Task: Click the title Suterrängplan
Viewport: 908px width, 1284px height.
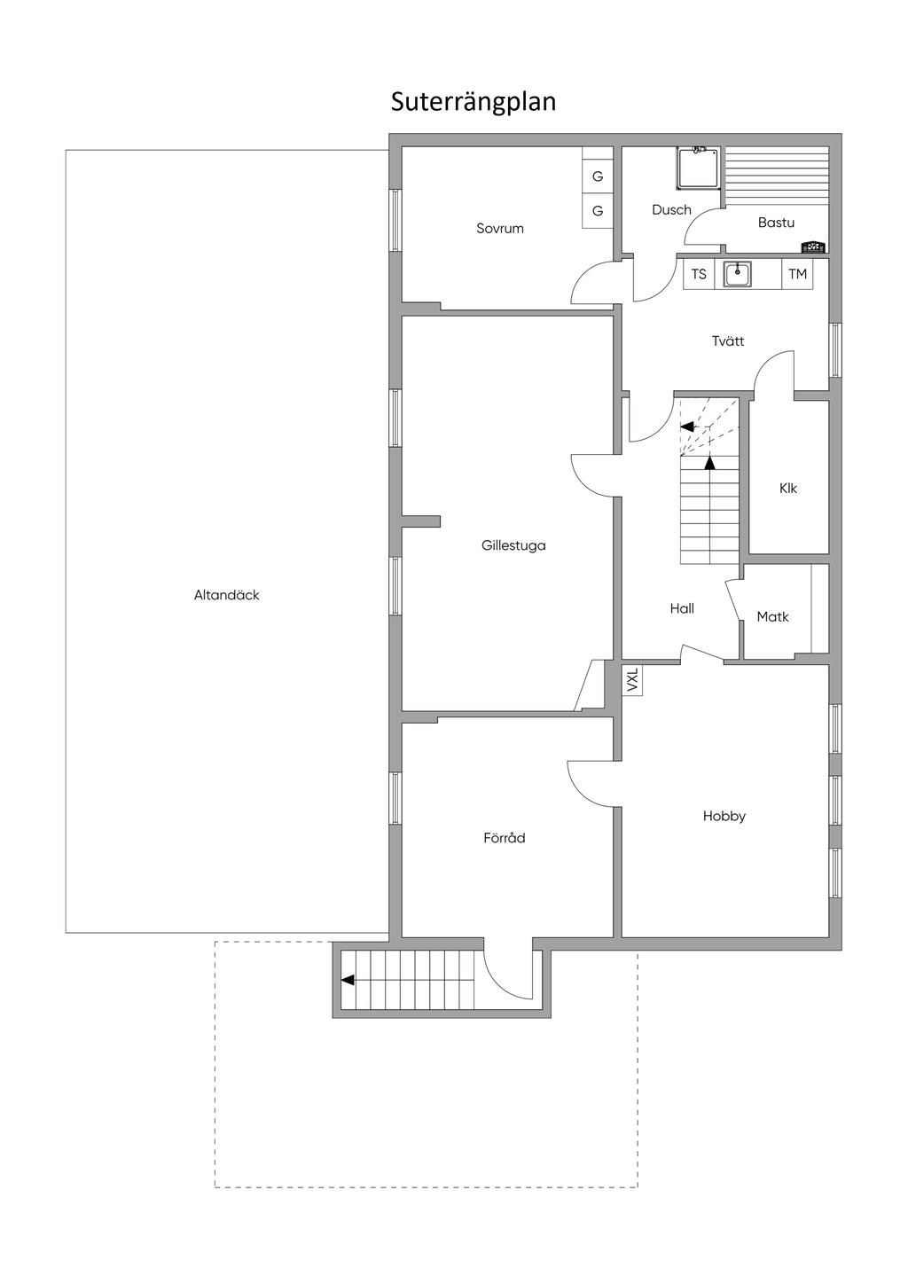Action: pos(474,102)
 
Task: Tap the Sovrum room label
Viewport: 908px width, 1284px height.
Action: pos(500,229)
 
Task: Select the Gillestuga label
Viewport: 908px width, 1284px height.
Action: pos(513,546)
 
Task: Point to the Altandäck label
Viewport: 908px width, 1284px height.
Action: pos(227,596)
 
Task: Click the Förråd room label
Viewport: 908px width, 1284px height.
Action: pos(505,838)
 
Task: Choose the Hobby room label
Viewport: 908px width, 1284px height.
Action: pos(724,817)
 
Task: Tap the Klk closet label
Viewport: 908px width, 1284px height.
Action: pos(788,489)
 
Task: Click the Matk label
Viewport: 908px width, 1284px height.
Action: pos(772,617)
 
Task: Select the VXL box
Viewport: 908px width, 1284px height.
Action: pos(632,681)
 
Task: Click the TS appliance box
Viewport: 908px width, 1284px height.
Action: pos(700,274)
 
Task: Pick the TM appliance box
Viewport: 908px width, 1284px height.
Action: pos(798,274)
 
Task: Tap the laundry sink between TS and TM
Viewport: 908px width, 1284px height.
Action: pos(737,274)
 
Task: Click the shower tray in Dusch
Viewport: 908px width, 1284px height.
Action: pos(699,168)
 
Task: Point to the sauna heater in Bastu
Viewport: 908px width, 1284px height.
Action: pos(813,247)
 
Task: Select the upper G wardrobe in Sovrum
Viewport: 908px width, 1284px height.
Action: pos(598,176)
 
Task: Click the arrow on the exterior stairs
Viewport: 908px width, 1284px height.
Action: pos(348,980)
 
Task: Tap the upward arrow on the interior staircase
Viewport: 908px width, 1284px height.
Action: pos(709,462)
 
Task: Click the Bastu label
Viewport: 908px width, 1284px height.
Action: pos(776,223)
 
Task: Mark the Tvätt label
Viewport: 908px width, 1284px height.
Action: pos(728,341)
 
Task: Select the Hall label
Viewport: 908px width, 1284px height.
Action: pos(682,609)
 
